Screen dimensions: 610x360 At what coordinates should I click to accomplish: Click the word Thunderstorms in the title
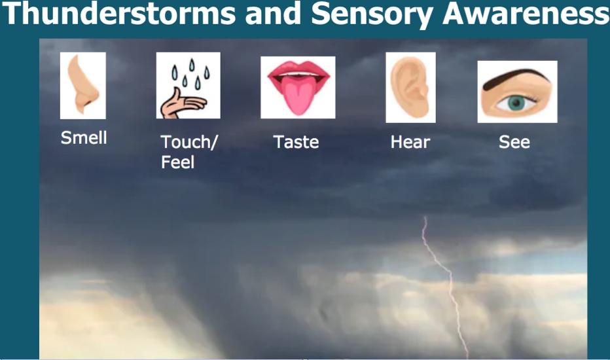pyautogui.click(x=119, y=13)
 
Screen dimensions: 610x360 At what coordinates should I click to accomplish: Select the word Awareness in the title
pyautogui.click(x=526, y=13)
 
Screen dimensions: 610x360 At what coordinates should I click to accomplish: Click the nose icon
pyautogui.click(x=83, y=86)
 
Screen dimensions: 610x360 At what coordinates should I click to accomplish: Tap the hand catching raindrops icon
pyautogui.click(x=188, y=86)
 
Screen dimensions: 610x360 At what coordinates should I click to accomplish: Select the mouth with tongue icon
pyautogui.click(x=298, y=88)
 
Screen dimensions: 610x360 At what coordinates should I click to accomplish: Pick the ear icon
pyautogui.click(x=410, y=88)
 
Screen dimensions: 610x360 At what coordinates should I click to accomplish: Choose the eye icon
pyautogui.click(x=518, y=92)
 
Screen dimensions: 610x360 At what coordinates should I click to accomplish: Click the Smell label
pyautogui.click(x=84, y=137)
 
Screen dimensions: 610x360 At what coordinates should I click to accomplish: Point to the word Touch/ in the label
pyautogui.click(x=189, y=142)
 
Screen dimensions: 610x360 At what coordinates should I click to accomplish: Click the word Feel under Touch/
pyautogui.click(x=177, y=162)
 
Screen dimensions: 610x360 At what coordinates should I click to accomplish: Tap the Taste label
pyautogui.click(x=296, y=142)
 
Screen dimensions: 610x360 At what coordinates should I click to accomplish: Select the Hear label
pyautogui.click(x=410, y=142)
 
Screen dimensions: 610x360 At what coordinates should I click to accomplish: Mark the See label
pyautogui.click(x=514, y=142)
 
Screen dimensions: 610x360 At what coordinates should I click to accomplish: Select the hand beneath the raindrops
pyautogui.click(x=183, y=104)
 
